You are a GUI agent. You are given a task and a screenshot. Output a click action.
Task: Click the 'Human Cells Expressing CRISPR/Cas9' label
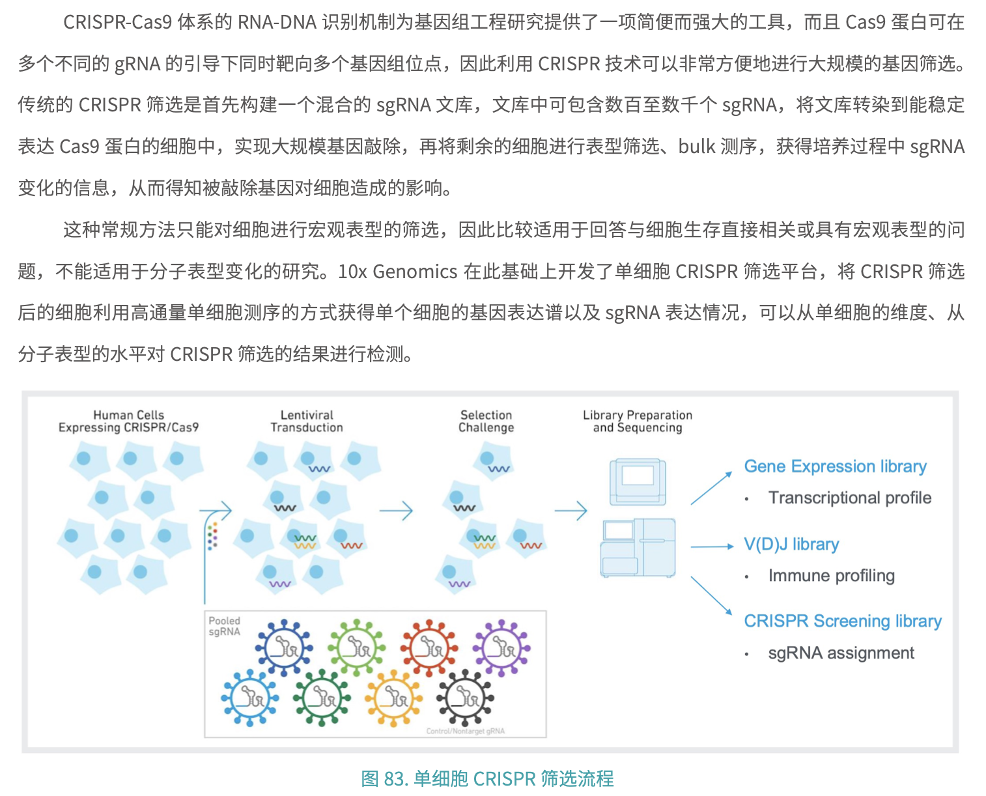click(128, 421)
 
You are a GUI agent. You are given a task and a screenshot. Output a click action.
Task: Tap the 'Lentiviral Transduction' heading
click(307, 421)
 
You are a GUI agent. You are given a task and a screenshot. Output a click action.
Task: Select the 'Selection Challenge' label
click(486, 421)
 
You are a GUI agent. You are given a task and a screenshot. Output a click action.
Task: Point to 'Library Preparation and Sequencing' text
click(637, 421)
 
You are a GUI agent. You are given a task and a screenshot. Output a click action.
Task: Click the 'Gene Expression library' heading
click(835, 466)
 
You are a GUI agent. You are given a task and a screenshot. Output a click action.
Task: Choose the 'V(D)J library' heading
click(791, 545)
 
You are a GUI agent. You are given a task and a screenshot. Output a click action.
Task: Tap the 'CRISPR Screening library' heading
click(843, 621)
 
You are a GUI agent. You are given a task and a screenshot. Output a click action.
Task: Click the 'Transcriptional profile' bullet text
click(849, 498)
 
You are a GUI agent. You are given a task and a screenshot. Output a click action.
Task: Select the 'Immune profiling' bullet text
click(831, 576)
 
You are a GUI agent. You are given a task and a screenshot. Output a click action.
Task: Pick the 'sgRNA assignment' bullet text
click(841, 653)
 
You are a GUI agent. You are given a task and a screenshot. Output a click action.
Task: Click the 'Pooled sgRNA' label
click(224, 627)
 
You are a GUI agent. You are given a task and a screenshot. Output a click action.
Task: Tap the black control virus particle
click(465, 698)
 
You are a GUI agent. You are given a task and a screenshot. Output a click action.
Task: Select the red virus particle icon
click(429, 647)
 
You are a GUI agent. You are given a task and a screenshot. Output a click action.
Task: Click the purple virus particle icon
click(501, 647)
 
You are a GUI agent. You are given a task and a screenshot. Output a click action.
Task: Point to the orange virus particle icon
click(393, 698)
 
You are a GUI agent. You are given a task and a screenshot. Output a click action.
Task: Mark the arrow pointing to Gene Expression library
click(711, 488)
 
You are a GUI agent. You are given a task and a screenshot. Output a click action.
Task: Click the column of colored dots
click(212, 535)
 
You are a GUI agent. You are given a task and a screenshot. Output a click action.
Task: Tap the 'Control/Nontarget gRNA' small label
click(465, 732)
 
